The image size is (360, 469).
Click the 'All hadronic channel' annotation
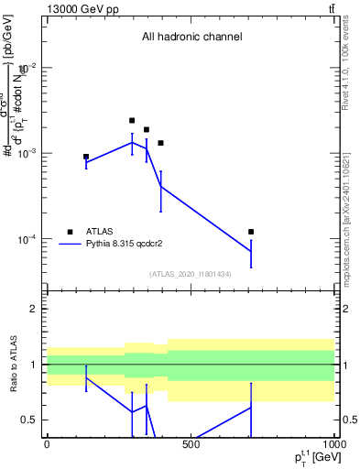coord(191,38)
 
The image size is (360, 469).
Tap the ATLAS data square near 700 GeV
coord(251,232)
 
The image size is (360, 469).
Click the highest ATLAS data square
coord(132,120)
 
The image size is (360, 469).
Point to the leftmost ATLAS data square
coord(86,157)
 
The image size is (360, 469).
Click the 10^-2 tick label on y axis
coord(26,68)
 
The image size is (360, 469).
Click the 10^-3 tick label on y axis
coord(26,153)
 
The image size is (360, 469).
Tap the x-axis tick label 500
coord(191,444)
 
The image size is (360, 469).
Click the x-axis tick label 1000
coord(333,444)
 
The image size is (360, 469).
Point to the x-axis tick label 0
coord(47,444)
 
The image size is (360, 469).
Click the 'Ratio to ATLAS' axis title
coord(14,364)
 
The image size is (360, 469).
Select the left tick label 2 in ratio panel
coord(35,309)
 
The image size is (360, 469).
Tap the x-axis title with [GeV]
coord(314,457)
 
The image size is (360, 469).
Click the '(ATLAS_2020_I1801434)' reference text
coord(191,274)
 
